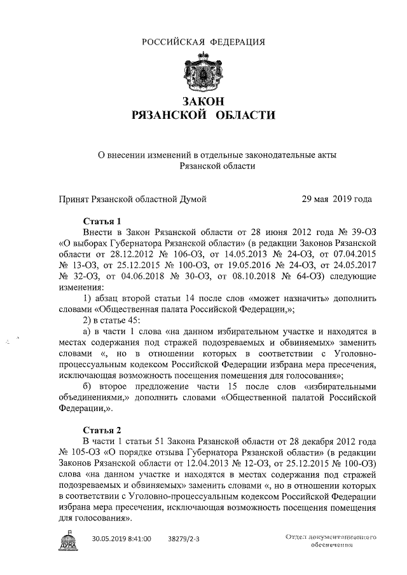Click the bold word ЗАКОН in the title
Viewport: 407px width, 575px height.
203,102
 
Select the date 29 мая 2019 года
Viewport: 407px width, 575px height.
336,199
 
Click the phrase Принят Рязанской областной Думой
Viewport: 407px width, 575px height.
132,199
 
